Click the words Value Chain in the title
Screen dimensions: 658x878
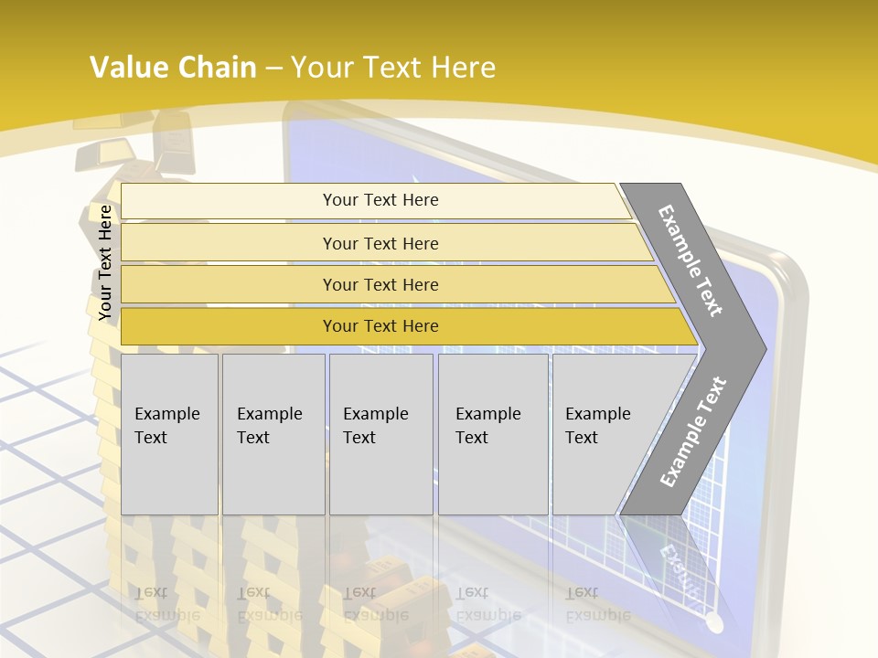173,68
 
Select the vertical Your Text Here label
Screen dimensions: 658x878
105,263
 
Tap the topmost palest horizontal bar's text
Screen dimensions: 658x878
380,200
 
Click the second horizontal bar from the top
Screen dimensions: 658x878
380,243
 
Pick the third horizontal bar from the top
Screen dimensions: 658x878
380,284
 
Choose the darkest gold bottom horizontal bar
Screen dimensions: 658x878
380,326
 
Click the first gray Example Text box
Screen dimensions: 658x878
169,433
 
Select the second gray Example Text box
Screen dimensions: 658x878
273,433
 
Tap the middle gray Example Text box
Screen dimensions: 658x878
380,433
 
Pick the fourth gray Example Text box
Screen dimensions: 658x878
492,433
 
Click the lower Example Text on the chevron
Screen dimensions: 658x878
692,431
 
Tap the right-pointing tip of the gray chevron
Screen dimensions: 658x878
761,348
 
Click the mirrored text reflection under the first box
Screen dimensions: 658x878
166,604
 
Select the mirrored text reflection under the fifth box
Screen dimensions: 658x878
597,604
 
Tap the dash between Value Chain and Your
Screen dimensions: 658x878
273,69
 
